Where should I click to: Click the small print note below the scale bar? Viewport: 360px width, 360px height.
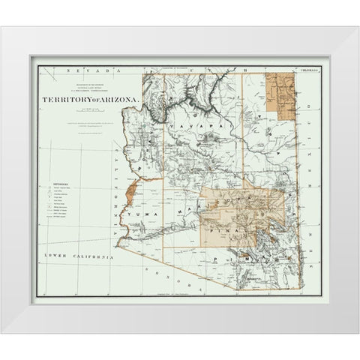(x=80, y=121)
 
